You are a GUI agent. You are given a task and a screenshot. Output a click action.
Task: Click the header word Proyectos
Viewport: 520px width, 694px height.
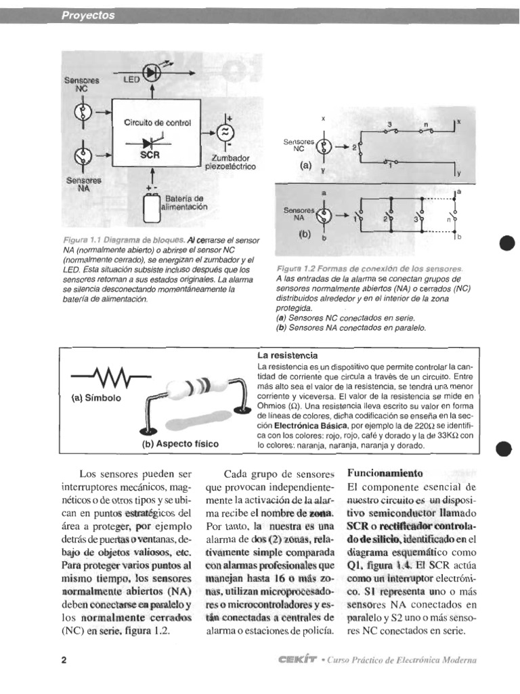coord(88,16)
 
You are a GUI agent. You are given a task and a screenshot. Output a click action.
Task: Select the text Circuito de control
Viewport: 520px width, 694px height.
coord(157,123)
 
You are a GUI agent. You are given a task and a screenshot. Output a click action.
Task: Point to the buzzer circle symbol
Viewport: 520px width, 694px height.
coord(223,131)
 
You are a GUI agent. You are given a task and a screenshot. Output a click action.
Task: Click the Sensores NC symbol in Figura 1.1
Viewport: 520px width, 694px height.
coord(82,110)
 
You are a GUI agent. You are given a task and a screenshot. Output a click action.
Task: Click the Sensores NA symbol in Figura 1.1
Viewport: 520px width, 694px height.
coord(82,159)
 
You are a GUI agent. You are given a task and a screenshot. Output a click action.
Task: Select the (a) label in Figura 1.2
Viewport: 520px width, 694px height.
coord(306,163)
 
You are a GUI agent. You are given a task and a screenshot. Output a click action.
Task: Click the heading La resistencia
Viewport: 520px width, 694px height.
coord(287,355)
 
